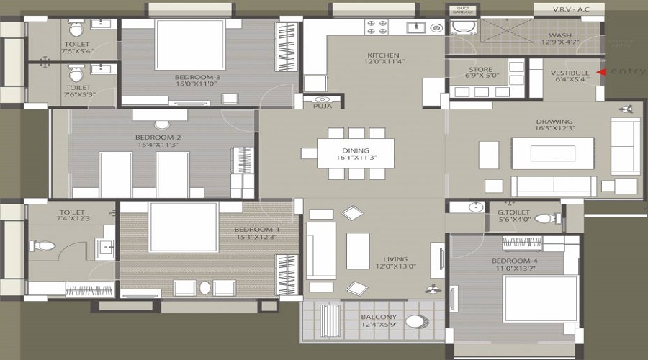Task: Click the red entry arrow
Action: (x=603, y=72)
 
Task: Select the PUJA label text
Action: (x=322, y=107)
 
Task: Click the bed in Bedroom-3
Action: (x=190, y=44)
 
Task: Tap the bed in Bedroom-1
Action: (x=183, y=227)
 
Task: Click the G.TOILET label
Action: (x=513, y=212)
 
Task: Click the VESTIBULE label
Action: (x=570, y=73)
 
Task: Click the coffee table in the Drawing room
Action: (x=552, y=153)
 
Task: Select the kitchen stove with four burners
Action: (x=378, y=27)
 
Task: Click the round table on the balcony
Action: (x=415, y=322)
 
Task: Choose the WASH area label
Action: (x=559, y=35)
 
